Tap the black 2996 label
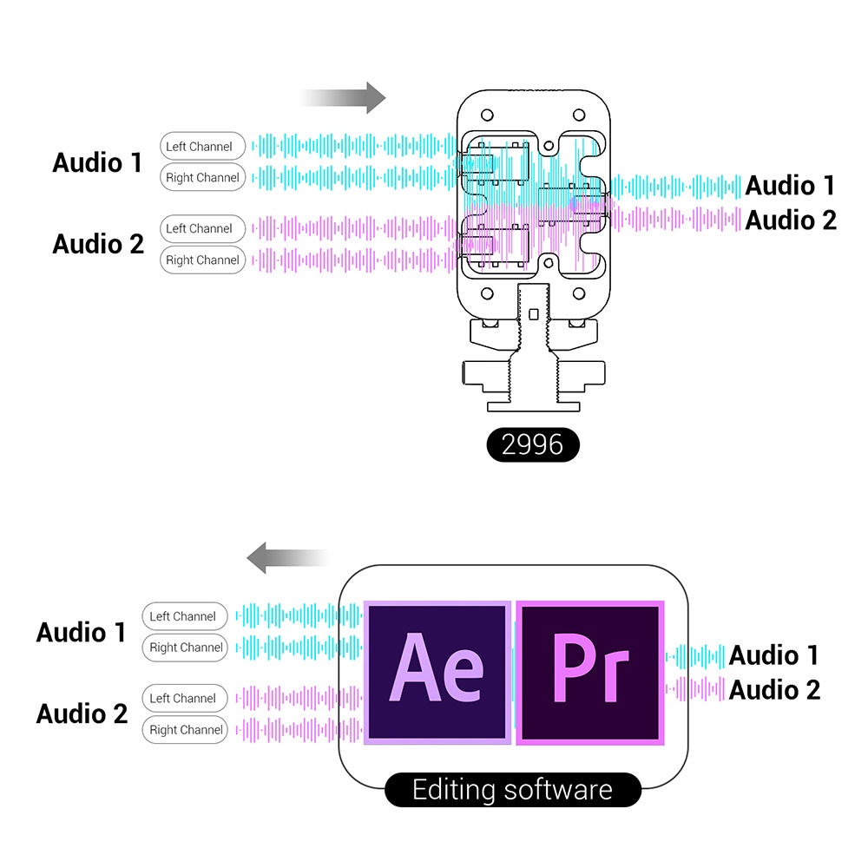(x=532, y=444)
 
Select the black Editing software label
(x=512, y=790)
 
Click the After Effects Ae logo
(x=437, y=672)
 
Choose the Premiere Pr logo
(x=590, y=672)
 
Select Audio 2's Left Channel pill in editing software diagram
(x=184, y=699)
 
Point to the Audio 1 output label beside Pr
(x=773, y=655)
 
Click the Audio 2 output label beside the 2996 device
(x=791, y=220)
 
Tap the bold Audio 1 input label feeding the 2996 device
(x=97, y=162)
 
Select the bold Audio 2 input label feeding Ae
(x=82, y=713)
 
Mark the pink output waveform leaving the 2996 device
(x=677, y=219)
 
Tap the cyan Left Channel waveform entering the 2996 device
(x=347, y=146)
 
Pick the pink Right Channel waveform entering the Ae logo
(x=299, y=729)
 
